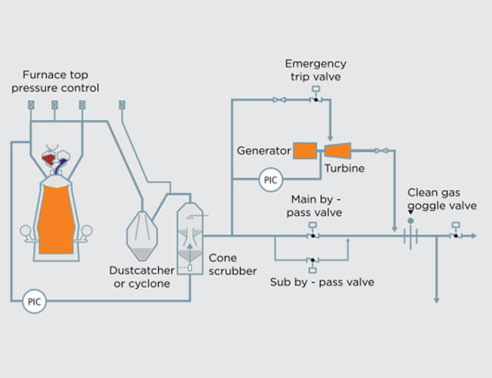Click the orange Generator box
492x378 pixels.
pos(304,150)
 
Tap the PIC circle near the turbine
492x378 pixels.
pos(269,180)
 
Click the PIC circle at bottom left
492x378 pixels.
pos(34,301)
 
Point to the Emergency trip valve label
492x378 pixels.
pos(316,70)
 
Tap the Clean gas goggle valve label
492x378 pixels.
pos(441,199)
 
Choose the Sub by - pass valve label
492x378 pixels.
pos(322,282)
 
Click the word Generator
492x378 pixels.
pos(264,150)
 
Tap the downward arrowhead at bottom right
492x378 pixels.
pos(437,299)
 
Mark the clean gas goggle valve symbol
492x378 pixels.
pos(410,236)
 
